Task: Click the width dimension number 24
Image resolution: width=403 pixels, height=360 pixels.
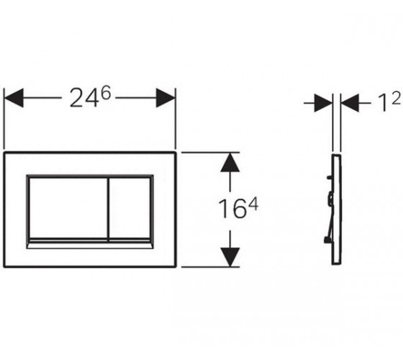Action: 84,98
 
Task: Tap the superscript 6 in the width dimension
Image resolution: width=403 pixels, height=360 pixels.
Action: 106,93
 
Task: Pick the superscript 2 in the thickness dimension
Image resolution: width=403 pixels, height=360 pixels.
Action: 397,98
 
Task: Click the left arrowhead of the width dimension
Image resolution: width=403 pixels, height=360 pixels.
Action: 14,98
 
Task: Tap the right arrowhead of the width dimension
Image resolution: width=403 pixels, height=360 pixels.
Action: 166,98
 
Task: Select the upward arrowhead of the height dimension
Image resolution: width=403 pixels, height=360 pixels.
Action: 230,162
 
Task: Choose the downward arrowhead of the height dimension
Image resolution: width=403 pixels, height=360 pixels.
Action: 230,257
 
